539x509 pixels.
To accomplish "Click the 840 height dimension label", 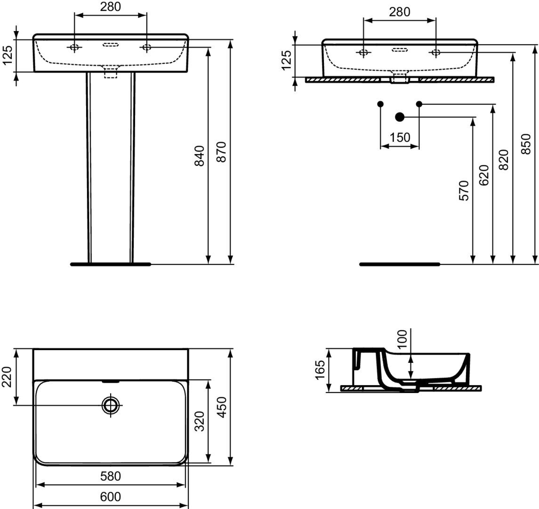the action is click(200, 156).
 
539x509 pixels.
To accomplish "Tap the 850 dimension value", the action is click(526, 144).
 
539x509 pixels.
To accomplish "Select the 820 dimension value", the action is click(504, 160).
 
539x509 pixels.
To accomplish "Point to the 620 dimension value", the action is click(483, 175).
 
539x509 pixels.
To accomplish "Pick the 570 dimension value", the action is click(464, 190).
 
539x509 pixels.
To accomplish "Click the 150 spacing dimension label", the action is click(400, 137).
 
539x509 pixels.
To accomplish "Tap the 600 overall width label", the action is click(111, 497).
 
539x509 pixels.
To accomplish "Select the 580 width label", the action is click(111, 476).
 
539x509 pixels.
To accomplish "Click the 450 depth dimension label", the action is click(222, 407).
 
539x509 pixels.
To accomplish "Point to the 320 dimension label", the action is click(200, 421).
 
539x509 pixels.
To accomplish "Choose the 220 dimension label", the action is click(8, 377).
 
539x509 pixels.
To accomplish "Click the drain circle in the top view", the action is click(111, 405).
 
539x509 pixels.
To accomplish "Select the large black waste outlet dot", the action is click(400, 117).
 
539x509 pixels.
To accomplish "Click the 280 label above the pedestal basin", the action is click(111, 7).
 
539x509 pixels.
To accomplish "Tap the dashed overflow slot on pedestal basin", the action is click(111, 44).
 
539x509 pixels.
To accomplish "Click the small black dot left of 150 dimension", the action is click(380, 104).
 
